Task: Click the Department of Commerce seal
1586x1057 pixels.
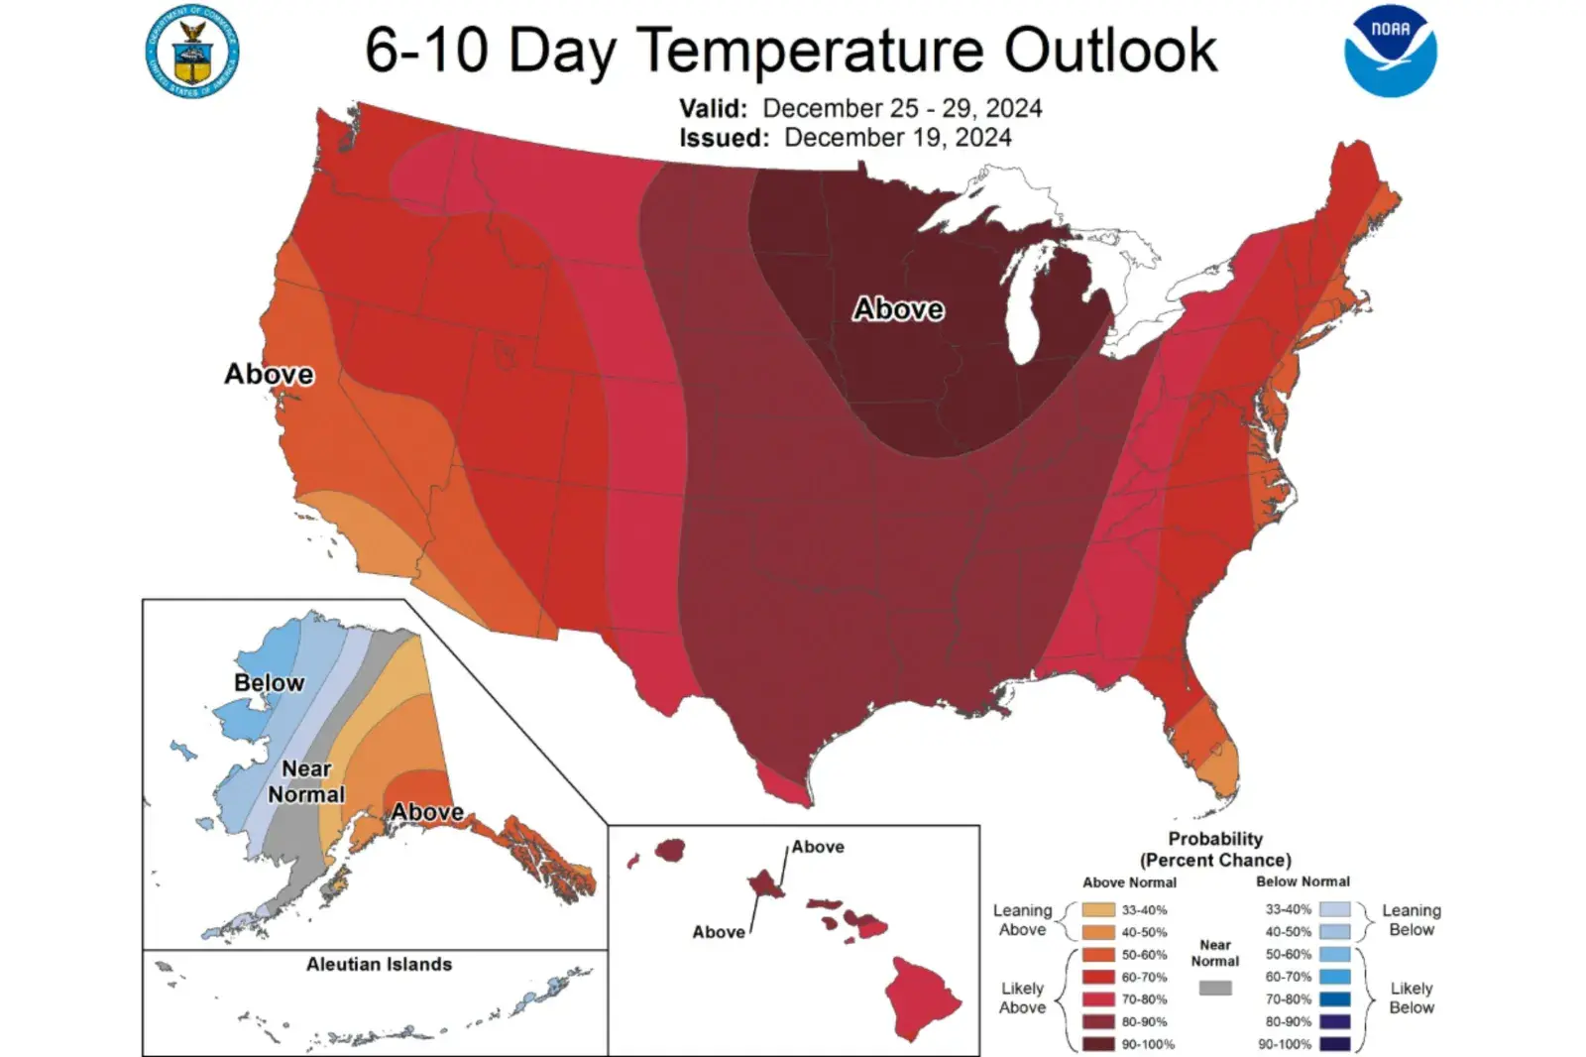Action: [192, 52]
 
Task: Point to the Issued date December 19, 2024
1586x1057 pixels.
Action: [897, 137]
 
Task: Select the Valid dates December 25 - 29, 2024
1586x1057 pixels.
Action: [902, 108]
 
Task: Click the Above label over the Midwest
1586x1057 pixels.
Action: [898, 309]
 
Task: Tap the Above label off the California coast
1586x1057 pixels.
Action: [269, 374]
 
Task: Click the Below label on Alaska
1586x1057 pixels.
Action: [269, 682]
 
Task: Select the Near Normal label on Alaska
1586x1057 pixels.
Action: [306, 781]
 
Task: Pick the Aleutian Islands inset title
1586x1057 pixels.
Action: [379, 964]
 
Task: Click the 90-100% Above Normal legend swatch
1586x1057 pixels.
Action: [1097, 1044]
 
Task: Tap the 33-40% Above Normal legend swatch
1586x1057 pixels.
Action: [1097, 910]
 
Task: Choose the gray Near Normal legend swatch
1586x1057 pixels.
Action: [1215, 988]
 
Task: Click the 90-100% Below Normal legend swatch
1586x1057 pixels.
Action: [1334, 1044]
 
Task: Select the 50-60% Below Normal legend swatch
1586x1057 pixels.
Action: [1334, 955]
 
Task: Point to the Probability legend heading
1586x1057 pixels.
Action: [1215, 849]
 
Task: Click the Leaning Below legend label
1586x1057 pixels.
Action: [1412, 919]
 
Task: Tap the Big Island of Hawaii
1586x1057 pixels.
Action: [922, 997]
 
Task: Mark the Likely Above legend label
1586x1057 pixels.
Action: [1022, 998]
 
